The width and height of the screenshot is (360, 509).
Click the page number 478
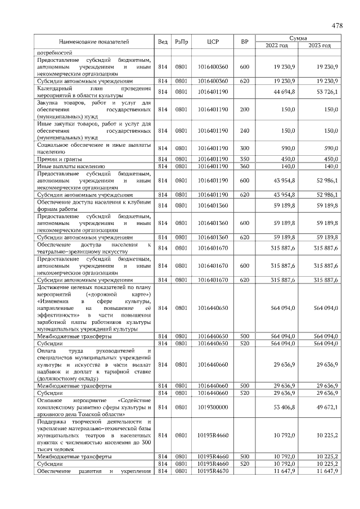point(337,25)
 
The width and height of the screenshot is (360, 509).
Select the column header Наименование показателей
point(94,42)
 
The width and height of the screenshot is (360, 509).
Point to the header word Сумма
point(298,38)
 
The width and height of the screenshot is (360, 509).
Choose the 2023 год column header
point(319,45)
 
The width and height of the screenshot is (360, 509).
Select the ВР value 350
point(244,159)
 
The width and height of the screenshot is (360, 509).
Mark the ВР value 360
point(244,166)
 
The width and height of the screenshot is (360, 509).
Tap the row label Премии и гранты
point(57,159)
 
